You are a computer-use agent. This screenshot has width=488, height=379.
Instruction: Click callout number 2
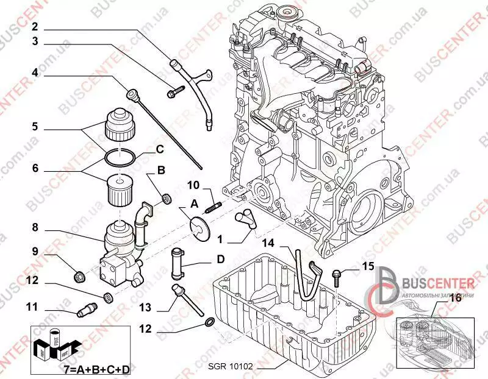pyautogui.click(x=35, y=26)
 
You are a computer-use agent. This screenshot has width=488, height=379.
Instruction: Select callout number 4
pyautogui.click(x=35, y=72)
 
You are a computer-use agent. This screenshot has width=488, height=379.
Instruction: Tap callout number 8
pyautogui.click(x=35, y=227)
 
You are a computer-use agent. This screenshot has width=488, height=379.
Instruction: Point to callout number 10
pyautogui.click(x=193, y=185)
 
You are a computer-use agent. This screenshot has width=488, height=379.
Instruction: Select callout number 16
pyautogui.click(x=455, y=298)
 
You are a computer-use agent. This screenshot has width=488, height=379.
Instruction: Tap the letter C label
pyautogui.click(x=159, y=149)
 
